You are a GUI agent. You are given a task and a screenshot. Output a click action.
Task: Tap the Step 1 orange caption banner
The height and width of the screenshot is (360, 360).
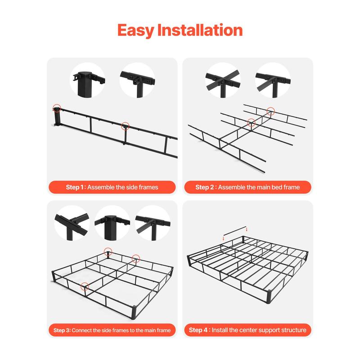[x=112, y=187]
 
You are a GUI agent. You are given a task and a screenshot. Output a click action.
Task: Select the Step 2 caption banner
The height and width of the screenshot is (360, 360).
[x=247, y=187]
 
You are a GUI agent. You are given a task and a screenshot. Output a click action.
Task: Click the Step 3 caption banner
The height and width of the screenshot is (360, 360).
[x=112, y=330]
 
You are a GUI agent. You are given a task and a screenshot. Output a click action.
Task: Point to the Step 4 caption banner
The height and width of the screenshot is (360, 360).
[x=247, y=330]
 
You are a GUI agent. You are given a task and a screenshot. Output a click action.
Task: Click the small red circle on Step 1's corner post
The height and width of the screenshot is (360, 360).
[x=57, y=108]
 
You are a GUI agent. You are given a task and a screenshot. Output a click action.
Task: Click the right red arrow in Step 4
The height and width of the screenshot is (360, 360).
[x=247, y=229]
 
